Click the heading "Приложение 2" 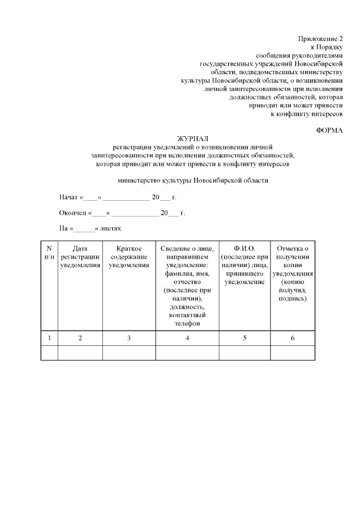click(x=320, y=38)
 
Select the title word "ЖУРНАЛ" click(x=192, y=138)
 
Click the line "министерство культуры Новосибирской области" click(x=193, y=181)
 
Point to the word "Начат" click(x=69, y=197)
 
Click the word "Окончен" click(x=73, y=213)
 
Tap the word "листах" click(x=110, y=229)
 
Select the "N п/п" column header click(x=49, y=253)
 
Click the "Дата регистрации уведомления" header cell click(x=80, y=256)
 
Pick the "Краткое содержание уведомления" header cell click(x=129, y=256)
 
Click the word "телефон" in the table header click(x=187, y=323)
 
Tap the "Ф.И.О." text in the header click(x=245, y=249)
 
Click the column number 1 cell click(x=49, y=338)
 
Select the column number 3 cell click(x=129, y=338)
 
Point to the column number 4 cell click(x=187, y=338)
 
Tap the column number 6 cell click(x=292, y=338)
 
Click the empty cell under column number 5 click(x=245, y=353)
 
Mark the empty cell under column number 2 click(x=80, y=353)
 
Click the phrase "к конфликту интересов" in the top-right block click(x=307, y=114)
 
